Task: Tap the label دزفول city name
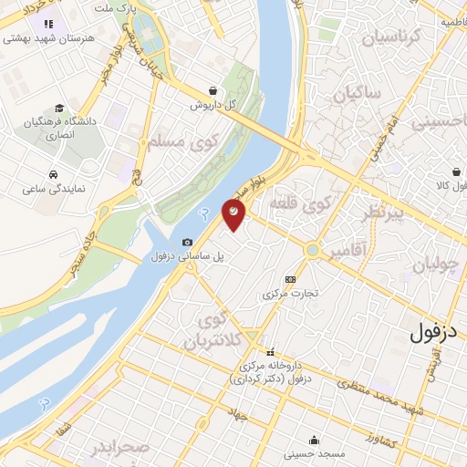pyautogui.click(x=433, y=329)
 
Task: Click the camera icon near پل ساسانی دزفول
pyautogui.click(x=187, y=242)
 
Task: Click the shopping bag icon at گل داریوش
pyautogui.click(x=213, y=90)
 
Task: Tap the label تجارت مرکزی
pyautogui.click(x=290, y=294)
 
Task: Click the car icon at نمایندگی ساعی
pyautogui.click(x=55, y=173)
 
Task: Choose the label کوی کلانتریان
pyautogui.click(x=217, y=330)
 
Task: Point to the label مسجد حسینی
pyautogui.click(x=314, y=453)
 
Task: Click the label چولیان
pyautogui.click(x=432, y=266)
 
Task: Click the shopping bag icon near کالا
pyautogui.click(x=455, y=171)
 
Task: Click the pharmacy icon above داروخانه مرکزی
pyautogui.click(x=269, y=352)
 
